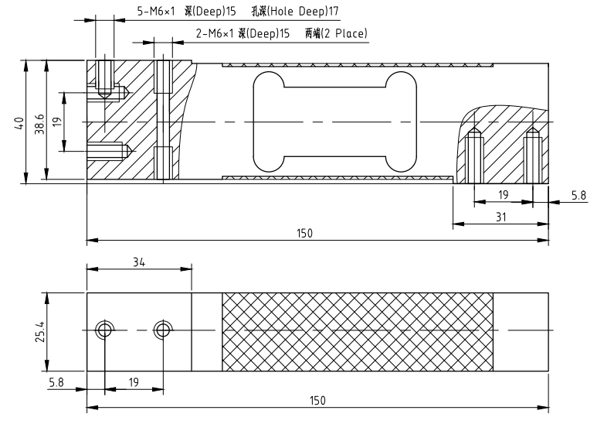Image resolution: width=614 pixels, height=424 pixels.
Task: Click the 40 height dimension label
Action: click(19, 123)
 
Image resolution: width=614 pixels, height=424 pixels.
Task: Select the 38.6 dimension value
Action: click(40, 124)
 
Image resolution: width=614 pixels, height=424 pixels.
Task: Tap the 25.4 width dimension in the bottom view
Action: click(40, 332)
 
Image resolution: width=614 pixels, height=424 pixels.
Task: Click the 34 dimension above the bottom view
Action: click(139, 262)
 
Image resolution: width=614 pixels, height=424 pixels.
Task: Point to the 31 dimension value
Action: click(500, 217)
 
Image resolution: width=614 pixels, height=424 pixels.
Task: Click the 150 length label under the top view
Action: click(304, 234)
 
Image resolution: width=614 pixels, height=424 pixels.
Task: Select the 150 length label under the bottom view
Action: click(317, 401)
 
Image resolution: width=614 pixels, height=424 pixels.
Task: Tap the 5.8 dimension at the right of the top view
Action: click(578, 195)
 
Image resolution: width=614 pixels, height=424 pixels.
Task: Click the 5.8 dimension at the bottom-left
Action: click(56, 382)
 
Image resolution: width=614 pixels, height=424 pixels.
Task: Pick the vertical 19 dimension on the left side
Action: click(57, 122)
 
